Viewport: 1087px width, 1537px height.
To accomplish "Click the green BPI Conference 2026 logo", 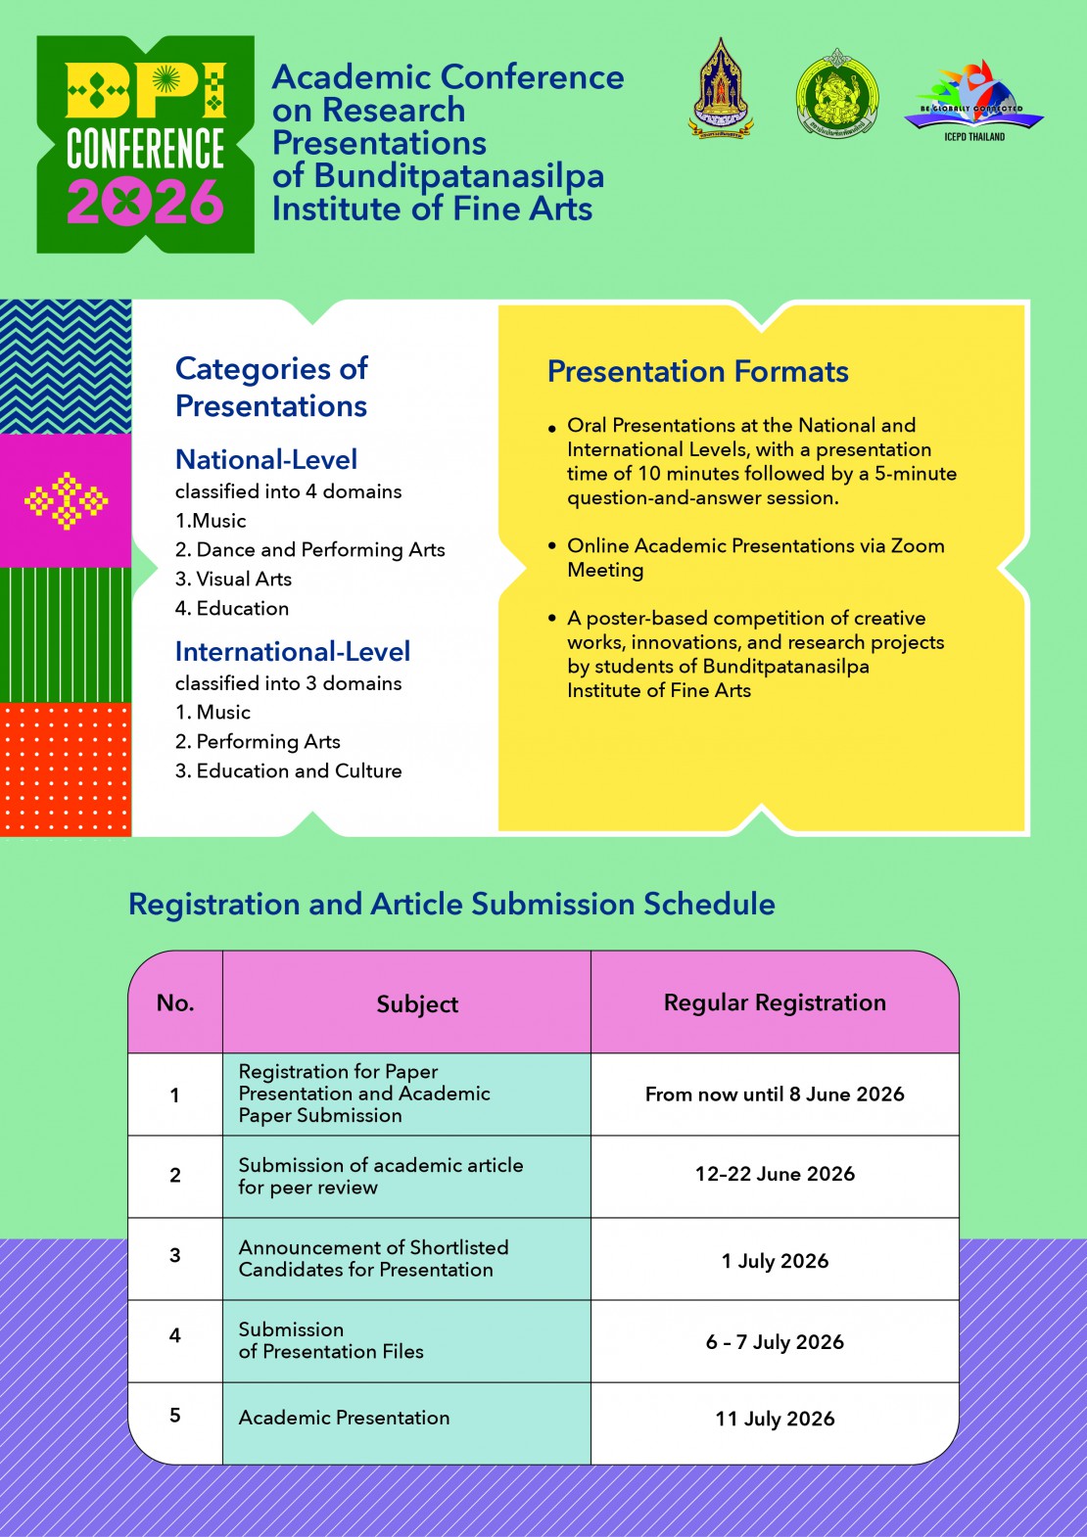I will click(145, 145).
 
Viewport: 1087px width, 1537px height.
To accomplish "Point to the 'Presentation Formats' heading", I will click(697, 372).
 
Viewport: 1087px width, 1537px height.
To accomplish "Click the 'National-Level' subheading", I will click(265, 459).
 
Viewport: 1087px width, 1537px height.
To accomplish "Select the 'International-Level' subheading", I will click(292, 651).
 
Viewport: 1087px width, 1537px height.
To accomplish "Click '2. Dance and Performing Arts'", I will click(309, 550).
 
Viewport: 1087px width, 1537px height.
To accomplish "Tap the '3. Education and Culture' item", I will click(288, 771).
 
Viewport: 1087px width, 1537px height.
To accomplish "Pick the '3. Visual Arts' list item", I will click(233, 580).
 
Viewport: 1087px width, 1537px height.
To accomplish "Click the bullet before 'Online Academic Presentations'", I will click(552, 546).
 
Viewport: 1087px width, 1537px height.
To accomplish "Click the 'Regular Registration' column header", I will click(775, 1002).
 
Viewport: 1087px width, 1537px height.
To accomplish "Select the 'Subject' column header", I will click(417, 1004).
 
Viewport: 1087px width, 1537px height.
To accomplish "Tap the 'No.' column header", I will click(175, 1002).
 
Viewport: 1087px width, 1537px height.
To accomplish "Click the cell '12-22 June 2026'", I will click(775, 1174).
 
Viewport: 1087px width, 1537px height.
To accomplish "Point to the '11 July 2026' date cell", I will click(775, 1419).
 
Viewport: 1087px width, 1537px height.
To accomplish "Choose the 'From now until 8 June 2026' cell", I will click(775, 1095).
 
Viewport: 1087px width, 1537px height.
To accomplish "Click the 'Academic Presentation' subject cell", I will click(344, 1418).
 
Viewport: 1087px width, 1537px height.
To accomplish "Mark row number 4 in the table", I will click(175, 1335).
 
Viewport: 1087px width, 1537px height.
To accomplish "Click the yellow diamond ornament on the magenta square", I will click(66, 501).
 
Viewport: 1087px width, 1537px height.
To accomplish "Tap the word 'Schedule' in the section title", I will click(709, 904).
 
